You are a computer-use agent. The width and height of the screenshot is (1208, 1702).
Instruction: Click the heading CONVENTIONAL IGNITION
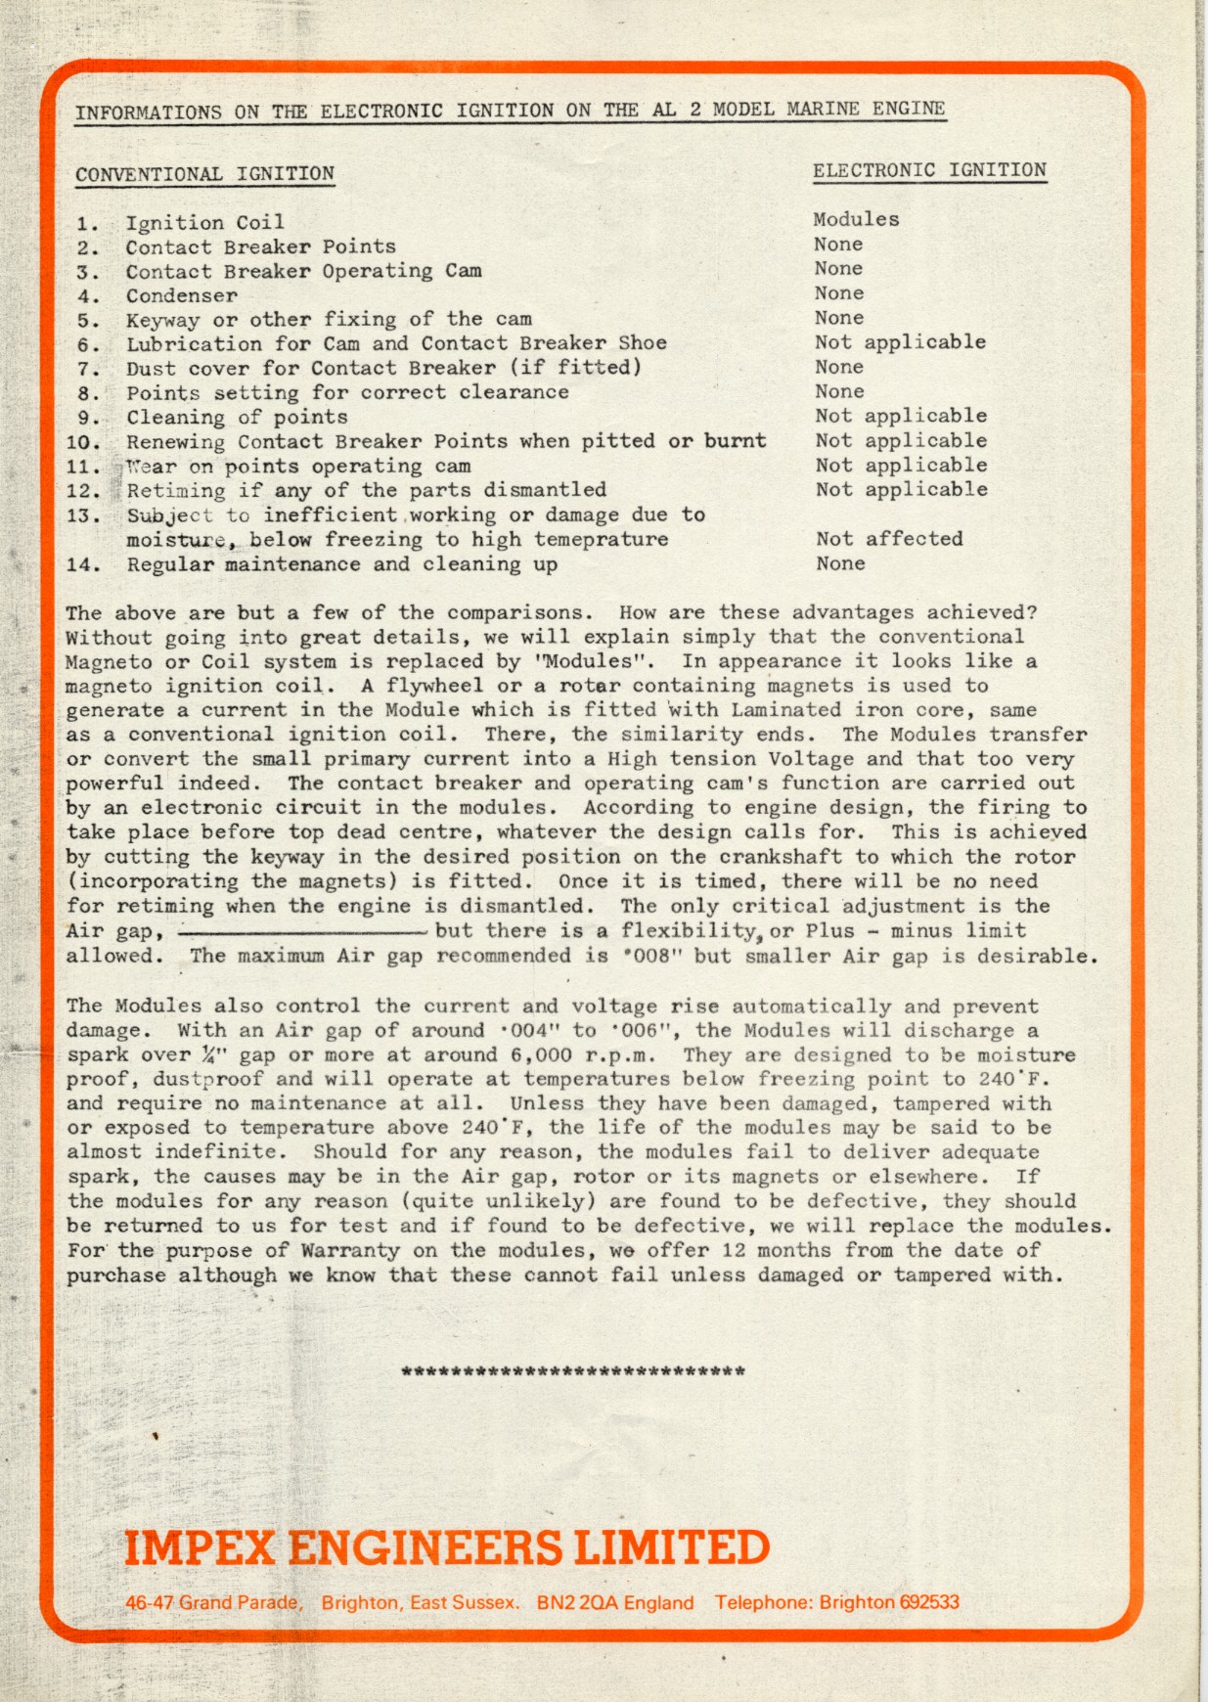click(x=204, y=174)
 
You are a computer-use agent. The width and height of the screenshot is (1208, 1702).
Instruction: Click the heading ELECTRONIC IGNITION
click(x=929, y=170)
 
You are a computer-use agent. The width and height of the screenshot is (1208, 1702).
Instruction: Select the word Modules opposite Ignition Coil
click(x=856, y=219)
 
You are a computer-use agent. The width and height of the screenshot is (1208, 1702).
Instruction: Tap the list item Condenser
click(x=182, y=295)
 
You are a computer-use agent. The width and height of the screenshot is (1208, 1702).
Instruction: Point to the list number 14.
click(x=83, y=564)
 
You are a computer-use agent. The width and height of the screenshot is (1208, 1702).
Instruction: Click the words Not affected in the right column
click(x=889, y=539)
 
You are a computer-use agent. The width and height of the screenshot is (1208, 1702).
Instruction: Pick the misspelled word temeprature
click(x=602, y=539)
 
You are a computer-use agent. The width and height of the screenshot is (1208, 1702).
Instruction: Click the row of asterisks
click(x=573, y=1371)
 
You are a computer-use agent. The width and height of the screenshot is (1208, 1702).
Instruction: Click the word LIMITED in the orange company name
click(x=671, y=1547)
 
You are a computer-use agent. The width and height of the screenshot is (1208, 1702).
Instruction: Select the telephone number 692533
click(x=928, y=1602)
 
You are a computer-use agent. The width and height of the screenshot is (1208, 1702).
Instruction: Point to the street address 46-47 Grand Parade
click(x=213, y=1603)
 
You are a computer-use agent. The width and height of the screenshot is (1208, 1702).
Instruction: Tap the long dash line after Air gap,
click(x=302, y=932)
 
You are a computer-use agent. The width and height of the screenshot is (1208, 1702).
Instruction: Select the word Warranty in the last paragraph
click(x=350, y=1250)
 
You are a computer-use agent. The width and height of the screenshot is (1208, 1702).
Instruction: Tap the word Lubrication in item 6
click(x=194, y=343)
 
